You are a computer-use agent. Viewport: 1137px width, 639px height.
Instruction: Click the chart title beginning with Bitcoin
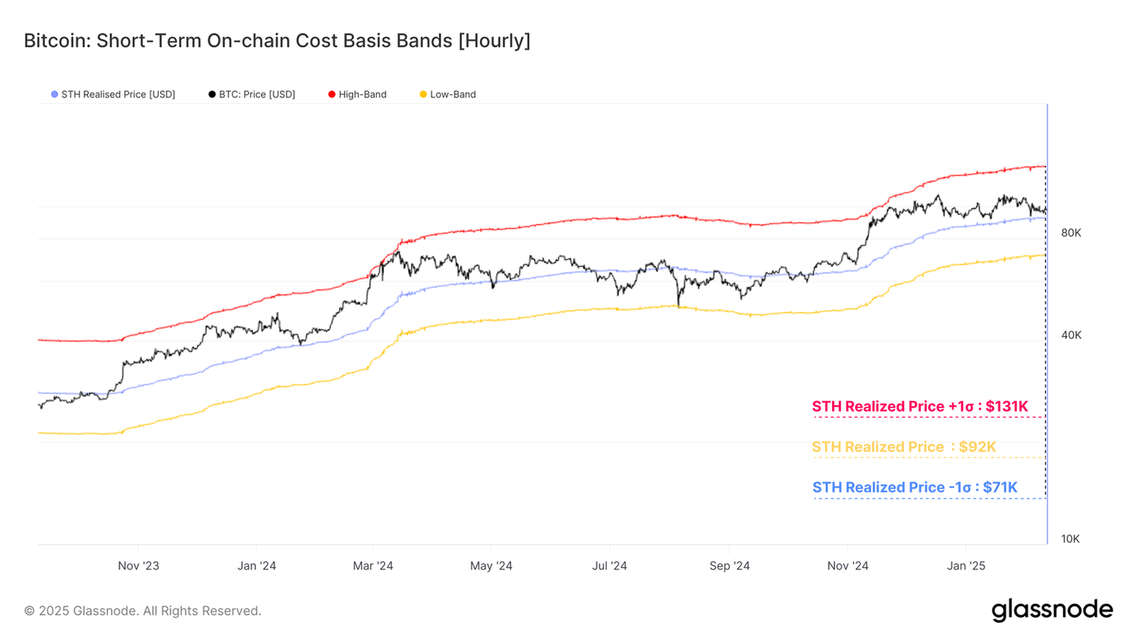[x=277, y=41]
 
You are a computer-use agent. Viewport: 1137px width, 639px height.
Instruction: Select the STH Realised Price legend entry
[x=113, y=95]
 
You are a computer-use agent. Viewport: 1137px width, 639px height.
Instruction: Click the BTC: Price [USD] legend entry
[x=252, y=95]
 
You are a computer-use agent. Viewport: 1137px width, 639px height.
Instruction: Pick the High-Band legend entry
[x=358, y=95]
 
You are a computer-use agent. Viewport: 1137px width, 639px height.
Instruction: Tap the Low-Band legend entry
[x=448, y=95]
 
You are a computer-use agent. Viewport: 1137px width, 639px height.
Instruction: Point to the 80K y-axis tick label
[x=1070, y=233]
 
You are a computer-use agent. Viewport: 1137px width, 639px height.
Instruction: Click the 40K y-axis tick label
[x=1070, y=335]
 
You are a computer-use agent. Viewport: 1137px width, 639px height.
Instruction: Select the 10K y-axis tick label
[x=1070, y=538]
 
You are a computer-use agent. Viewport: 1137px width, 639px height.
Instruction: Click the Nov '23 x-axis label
[x=138, y=566]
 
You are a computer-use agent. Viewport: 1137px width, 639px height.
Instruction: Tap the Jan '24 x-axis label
[x=256, y=566]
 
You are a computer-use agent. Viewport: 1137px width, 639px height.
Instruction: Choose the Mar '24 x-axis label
[x=373, y=566]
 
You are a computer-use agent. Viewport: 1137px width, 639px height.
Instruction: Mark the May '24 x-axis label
[x=491, y=566]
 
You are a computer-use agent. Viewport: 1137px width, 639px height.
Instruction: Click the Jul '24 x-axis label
[x=609, y=566]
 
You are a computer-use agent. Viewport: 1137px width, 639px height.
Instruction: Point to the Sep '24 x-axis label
[x=729, y=566]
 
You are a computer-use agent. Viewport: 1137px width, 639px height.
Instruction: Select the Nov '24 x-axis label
[x=848, y=566]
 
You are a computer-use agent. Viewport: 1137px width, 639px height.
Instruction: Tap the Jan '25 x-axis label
[x=966, y=566]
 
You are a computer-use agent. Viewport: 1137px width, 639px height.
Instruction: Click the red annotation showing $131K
[x=919, y=407]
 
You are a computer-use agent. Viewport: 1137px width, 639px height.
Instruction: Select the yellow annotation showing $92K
[x=904, y=447]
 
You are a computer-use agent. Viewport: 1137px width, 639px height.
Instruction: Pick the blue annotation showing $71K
[x=914, y=487]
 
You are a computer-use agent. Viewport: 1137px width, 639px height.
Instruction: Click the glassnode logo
[x=1052, y=610]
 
